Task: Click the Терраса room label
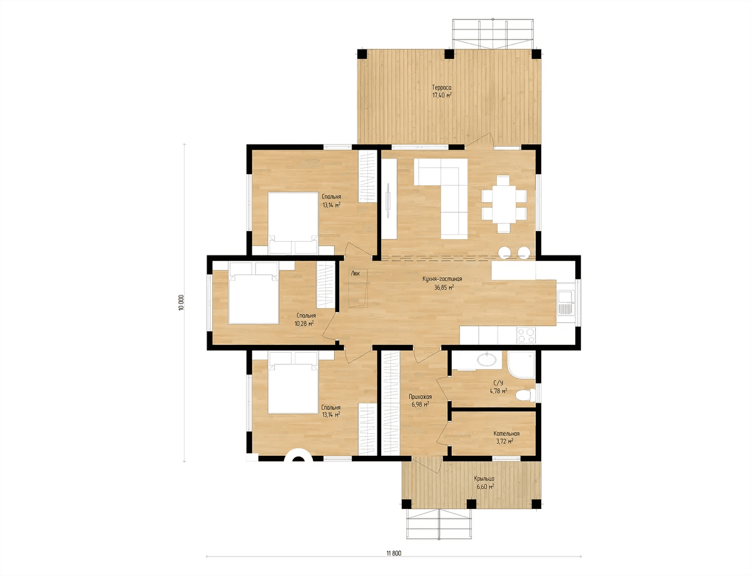[442, 88]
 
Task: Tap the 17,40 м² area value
[442, 95]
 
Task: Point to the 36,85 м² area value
[444, 287]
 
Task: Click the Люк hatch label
[355, 273]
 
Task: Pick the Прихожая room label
[421, 396]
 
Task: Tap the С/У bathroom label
[498, 383]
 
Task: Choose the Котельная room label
[506, 433]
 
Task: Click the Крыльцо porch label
[484, 478]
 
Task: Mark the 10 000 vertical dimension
[181, 302]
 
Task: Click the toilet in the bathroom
[525, 395]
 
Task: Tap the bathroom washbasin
[487, 360]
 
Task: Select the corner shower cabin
[521, 365]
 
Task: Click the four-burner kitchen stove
[526, 335]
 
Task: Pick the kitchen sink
[566, 302]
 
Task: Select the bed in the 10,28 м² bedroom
[253, 292]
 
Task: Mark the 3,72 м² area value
[503, 441]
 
